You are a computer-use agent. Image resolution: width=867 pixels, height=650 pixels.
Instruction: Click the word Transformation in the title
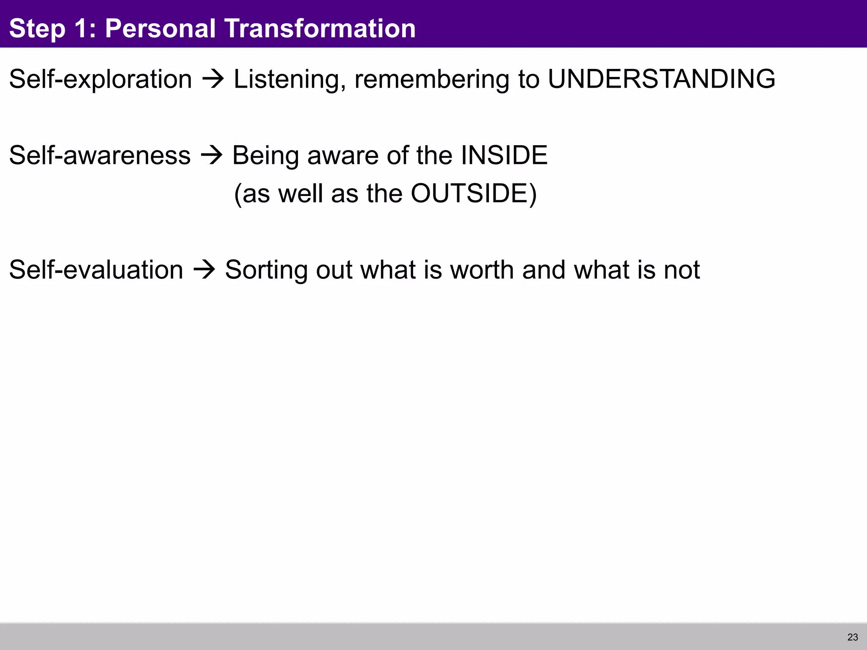pyautogui.click(x=320, y=28)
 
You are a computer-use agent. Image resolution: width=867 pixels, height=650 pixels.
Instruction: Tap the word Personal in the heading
pyautogui.click(x=160, y=28)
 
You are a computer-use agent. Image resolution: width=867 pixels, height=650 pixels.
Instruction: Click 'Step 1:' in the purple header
pyautogui.click(x=53, y=28)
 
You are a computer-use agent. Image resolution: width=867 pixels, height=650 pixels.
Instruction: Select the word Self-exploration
pyautogui.click(x=100, y=79)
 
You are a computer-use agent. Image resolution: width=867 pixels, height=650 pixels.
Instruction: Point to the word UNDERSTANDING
pyautogui.click(x=661, y=79)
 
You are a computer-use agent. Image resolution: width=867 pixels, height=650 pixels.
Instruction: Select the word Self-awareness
pyautogui.click(x=100, y=155)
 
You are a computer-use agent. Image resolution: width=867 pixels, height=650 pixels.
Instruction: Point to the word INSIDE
pyautogui.click(x=504, y=155)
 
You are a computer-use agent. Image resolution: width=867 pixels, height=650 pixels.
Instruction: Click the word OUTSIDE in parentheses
pyautogui.click(x=469, y=194)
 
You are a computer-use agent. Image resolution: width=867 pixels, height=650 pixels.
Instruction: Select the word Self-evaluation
pyautogui.click(x=96, y=270)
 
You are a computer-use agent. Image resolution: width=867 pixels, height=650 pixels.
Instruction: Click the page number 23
pyautogui.click(x=853, y=637)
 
